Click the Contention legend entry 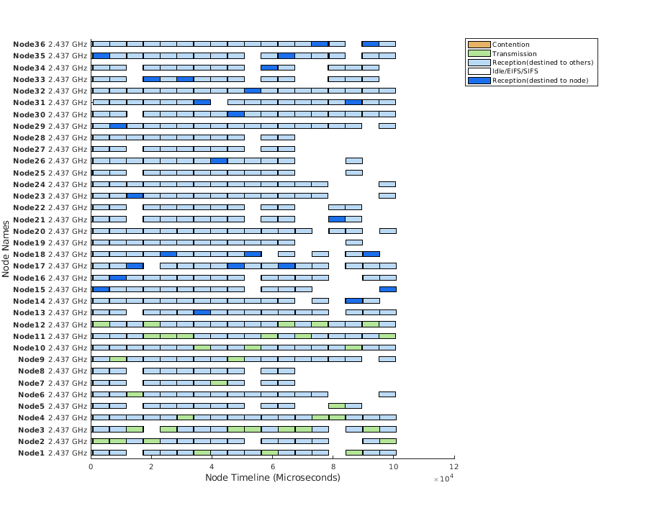(510, 45)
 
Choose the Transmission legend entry (514, 53)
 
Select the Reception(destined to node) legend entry (534, 80)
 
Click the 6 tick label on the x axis (273, 466)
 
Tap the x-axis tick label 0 (91, 466)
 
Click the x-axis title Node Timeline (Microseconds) (272, 477)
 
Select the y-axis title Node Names (6, 248)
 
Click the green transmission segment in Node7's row (219, 383)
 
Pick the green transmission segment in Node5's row (337, 406)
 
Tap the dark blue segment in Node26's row (219, 160)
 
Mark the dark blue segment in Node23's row (135, 196)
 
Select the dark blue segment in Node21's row (337, 219)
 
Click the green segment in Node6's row (135, 394)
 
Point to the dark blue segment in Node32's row (253, 91)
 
